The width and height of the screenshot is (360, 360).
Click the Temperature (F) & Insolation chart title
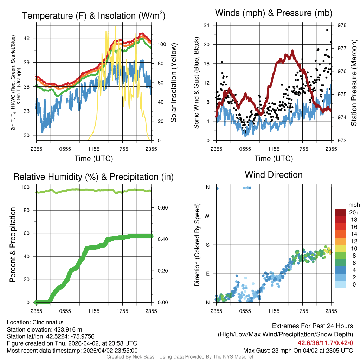pyautogui.click(x=94, y=16)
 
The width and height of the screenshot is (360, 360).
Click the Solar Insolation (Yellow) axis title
pyautogui.click(x=173, y=83)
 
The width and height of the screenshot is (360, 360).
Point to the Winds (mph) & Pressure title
pyautogui.click(x=274, y=13)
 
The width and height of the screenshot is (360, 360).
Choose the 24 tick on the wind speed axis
pyautogui.click(x=206, y=25)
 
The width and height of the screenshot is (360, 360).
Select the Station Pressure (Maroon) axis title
pyautogui.click(x=354, y=83)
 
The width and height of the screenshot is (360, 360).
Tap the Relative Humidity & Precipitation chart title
pyautogui.click(x=94, y=177)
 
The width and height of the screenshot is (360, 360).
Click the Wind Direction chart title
pyautogui.click(x=274, y=175)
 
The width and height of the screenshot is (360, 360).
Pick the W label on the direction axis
pyautogui.click(x=207, y=216)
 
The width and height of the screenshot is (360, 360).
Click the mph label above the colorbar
pyautogui.click(x=353, y=205)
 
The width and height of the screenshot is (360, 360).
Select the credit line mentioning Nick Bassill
pyautogui.click(x=180, y=357)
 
